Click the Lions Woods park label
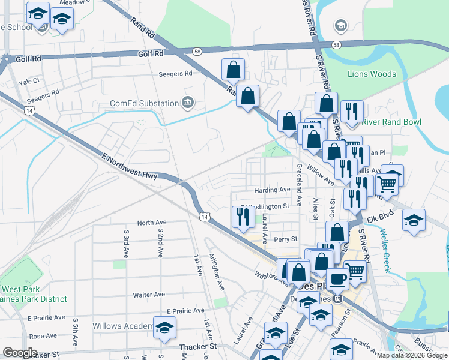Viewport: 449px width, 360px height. (372, 74)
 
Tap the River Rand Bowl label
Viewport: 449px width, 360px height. (391, 122)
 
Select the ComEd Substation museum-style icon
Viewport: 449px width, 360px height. (188, 103)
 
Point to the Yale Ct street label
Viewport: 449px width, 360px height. (29, 81)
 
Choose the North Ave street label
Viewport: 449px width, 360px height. (151, 222)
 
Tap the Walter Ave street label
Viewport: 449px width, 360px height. (149, 295)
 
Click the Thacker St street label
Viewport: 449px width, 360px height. (197, 347)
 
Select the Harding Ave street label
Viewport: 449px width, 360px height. (271, 190)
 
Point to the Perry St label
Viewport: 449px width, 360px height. (285, 239)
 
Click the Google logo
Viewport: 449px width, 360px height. (20, 353)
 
